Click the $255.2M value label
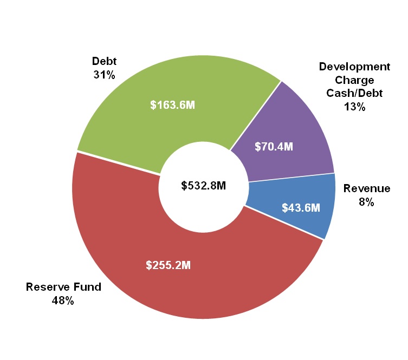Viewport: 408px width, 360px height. (169, 265)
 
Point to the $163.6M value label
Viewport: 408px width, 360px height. (172, 104)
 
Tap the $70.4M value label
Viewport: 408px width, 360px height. (274, 146)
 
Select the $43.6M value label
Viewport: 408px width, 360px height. (301, 207)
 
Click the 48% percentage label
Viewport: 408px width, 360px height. (63, 300)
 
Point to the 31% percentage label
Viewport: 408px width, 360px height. (104, 75)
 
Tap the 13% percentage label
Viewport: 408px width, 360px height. (354, 107)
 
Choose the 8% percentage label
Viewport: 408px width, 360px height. (367, 202)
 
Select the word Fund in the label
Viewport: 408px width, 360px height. (88, 287)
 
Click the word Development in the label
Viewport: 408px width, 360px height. (354, 67)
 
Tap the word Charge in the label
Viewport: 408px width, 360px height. (354, 80)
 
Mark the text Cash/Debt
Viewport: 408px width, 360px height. (354, 93)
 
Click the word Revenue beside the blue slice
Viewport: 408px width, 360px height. (367, 188)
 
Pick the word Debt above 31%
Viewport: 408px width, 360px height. (104, 61)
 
